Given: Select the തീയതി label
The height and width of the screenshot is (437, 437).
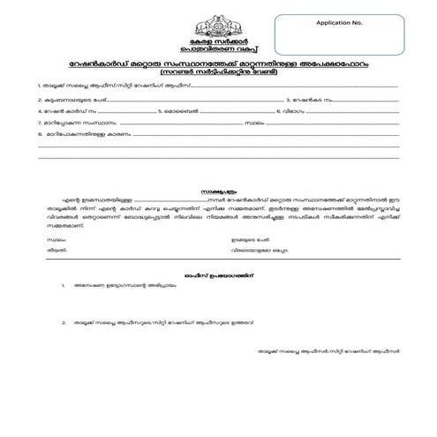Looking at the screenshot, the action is (57, 249).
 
